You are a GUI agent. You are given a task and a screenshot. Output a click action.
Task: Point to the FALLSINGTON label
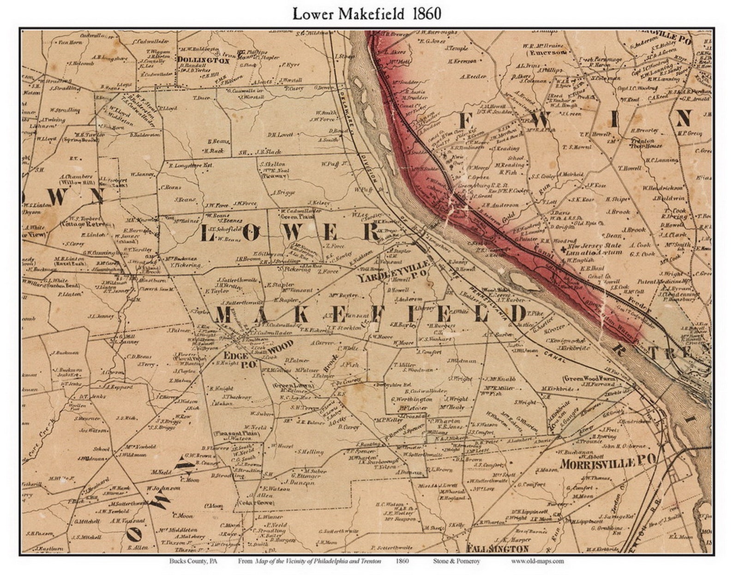pos(497,549)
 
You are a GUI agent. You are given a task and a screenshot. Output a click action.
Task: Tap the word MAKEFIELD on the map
pos(369,315)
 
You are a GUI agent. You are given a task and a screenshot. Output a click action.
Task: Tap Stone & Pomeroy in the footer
pos(457,561)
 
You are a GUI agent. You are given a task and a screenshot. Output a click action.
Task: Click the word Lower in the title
pos(313,14)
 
